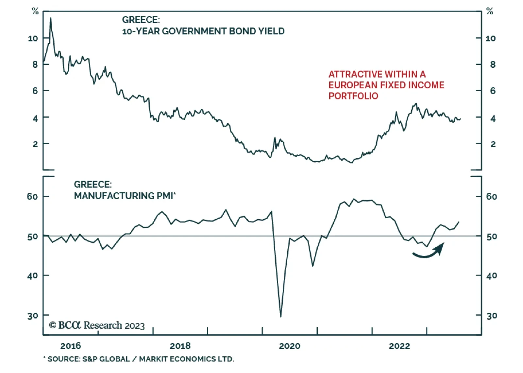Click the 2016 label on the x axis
(70, 346)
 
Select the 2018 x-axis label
(180, 346)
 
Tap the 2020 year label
(290, 346)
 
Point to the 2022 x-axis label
(399, 346)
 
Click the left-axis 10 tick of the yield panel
(33, 39)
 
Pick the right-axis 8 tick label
(493, 64)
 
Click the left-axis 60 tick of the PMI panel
(32, 196)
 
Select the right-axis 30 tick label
(492, 316)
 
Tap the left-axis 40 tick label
(32, 276)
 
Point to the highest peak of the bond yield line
(50, 18)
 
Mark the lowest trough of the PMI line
(280, 316)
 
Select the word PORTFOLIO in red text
(353, 96)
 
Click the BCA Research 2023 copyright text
(97, 325)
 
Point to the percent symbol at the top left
(35, 11)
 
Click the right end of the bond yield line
(460, 119)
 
